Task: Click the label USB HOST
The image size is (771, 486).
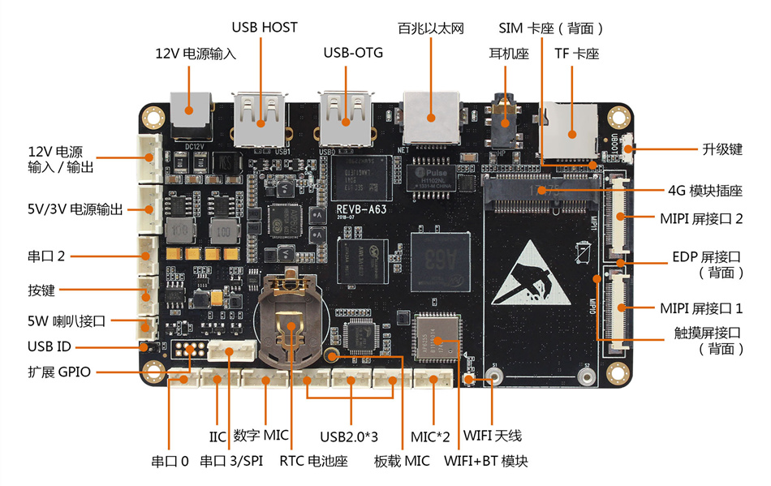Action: [x=265, y=27]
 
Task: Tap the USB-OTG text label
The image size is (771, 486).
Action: [x=353, y=53]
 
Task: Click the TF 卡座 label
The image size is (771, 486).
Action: [x=575, y=54]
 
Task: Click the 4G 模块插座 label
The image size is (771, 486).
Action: [x=704, y=191]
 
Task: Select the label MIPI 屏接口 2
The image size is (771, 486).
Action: [x=701, y=217]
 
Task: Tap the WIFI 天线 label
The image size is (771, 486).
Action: [x=494, y=436]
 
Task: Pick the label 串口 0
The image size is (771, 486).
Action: [x=170, y=462]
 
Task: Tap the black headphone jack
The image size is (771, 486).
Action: [x=506, y=118]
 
